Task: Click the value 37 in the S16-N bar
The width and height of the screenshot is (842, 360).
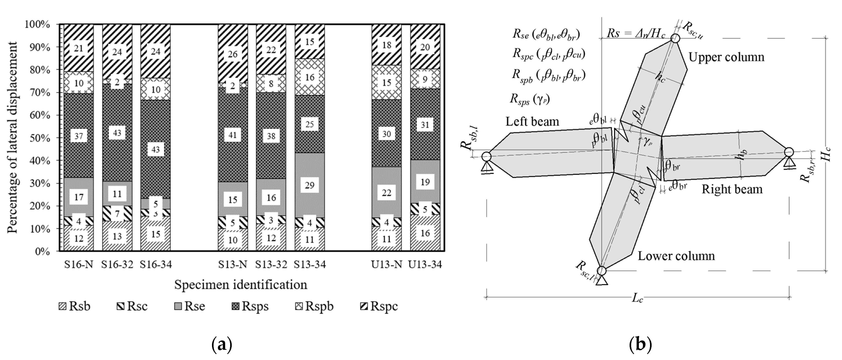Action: pos(79,136)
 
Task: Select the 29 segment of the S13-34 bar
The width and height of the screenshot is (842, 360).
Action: pos(309,185)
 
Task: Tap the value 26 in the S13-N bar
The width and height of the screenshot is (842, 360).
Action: pos(232,54)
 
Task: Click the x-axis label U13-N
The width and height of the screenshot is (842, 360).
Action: pos(386,264)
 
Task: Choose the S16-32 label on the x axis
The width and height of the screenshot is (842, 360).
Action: pos(117,264)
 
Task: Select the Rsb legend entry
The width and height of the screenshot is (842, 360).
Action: pos(74,306)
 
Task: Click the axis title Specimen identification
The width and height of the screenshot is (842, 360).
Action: pos(241,285)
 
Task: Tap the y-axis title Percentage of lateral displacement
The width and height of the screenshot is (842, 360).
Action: pos(12,137)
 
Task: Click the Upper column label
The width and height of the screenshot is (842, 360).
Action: pos(726,57)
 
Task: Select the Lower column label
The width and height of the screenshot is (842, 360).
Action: pos(676,256)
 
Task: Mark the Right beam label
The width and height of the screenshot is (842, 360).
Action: pos(732,190)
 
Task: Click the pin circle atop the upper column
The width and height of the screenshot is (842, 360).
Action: pos(675,38)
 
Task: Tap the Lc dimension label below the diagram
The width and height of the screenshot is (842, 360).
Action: pos(637,298)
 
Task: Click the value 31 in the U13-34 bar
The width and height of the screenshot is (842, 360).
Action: pos(425,125)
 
